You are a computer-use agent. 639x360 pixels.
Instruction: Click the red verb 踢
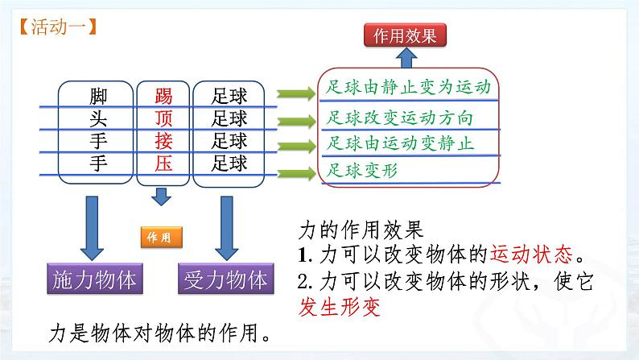coord(163,97)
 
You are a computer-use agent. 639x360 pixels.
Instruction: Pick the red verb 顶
coord(163,119)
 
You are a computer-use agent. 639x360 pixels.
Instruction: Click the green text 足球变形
coord(363,170)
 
